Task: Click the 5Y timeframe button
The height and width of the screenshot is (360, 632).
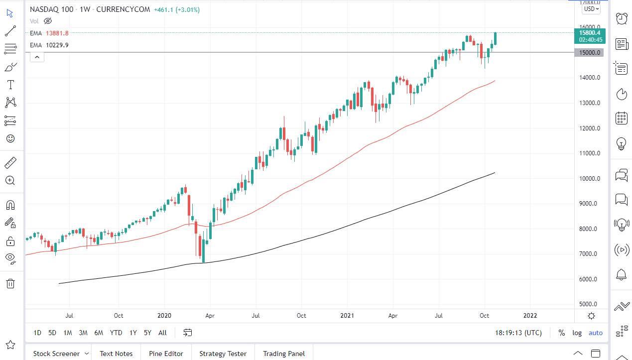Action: click(x=147, y=333)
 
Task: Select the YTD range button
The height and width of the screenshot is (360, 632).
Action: click(x=116, y=333)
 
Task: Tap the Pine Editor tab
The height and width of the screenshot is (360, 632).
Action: click(x=166, y=354)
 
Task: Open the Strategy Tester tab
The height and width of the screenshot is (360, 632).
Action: click(x=223, y=354)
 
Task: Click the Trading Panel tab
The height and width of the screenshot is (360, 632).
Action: click(x=284, y=354)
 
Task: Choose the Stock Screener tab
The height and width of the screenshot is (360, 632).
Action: click(x=56, y=354)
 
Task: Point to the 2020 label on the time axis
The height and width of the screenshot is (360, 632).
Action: click(x=164, y=315)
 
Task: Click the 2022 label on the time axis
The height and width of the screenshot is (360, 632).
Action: click(x=530, y=315)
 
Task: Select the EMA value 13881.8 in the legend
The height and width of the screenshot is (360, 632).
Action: click(x=57, y=33)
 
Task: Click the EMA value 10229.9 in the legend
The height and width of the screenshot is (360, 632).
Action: click(x=57, y=45)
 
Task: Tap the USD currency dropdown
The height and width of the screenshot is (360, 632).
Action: click(x=592, y=8)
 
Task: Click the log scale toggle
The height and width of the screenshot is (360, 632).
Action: click(x=577, y=333)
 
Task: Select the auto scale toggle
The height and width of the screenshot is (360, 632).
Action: click(x=595, y=333)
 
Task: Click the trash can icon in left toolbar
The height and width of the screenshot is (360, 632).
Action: click(x=10, y=283)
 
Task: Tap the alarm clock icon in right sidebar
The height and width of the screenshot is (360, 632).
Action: click(x=622, y=19)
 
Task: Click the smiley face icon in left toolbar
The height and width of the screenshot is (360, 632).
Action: click(x=10, y=138)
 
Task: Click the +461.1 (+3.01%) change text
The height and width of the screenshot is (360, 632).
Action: click(x=177, y=9)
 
